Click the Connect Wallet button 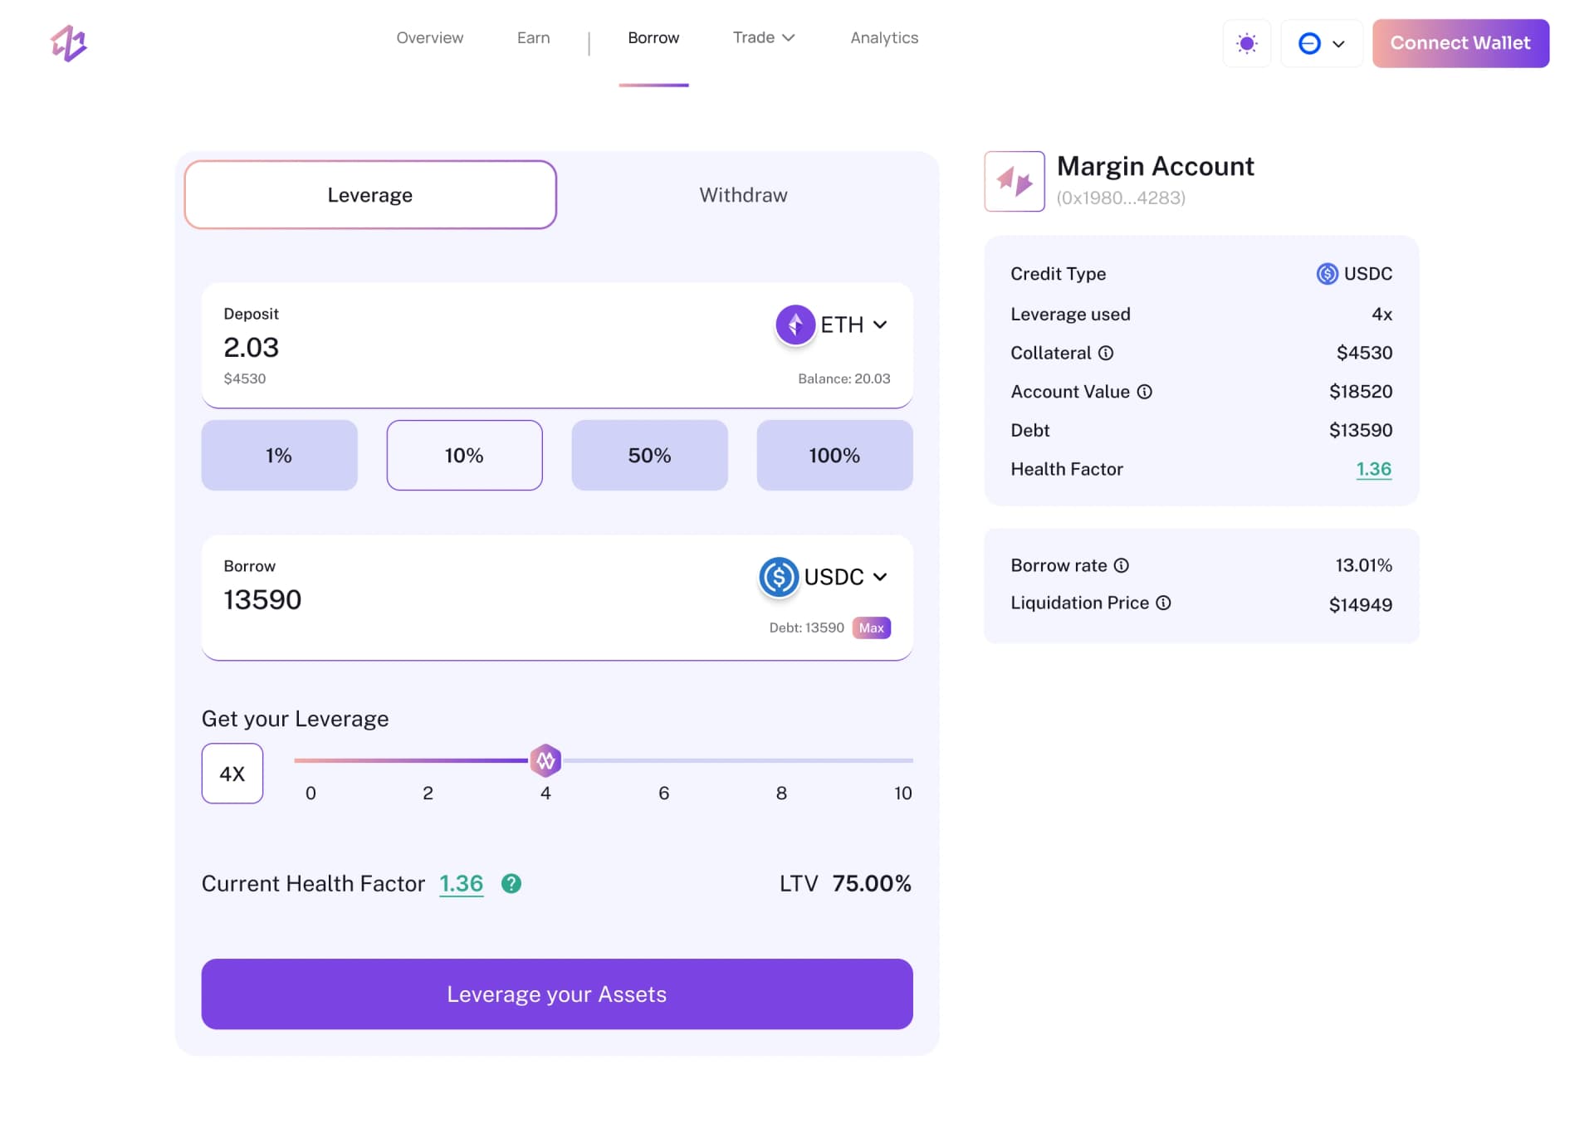pyautogui.click(x=1460, y=43)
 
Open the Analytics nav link pyautogui.click(x=884, y=38)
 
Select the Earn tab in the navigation pyautogui.click(x=533, y=38)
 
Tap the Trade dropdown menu pyautogui.click(x=763, y=38)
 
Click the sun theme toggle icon pyautogui.click(x=1246, y=43)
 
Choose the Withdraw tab pyautogui.click(x=743, y=195)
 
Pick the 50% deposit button pyautogui.click(x=649, y=455)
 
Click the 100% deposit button pyautogui.click(x=834, y=455)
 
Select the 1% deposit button pyautogui.click(x=279, y=455)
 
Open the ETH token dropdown pyautogui.click(x=833, y=325)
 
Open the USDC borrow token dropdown pyautogui.click(x=824, y=577)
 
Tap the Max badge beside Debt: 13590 pyautogui.click(x=871, y=628)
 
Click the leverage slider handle pyautogui.click(x=545, y=759)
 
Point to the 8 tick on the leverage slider pyautogui.click(x=781, y=793)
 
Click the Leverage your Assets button pyautogui.click(x=557, y=994)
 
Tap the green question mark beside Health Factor pyautogui.click(x=511, y=884)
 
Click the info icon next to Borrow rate pyautogui.click(x=1121, y=565)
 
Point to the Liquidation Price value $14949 pyautogui.click(x=1360, y=604)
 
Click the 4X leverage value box pyautogui.click(x=232, y=774)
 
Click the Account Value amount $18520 pyautogui.click(x=1360, y=392)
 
